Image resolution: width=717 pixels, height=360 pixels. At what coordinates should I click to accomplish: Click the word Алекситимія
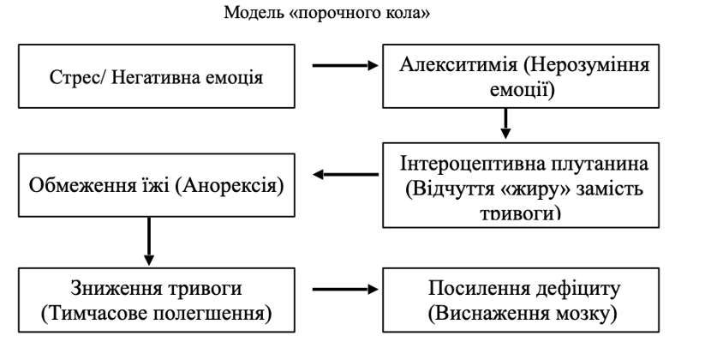pos(458,64)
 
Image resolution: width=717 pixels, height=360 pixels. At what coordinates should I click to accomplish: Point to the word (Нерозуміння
pos(587,65)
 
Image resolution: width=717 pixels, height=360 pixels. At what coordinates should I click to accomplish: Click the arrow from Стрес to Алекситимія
pos(345,66)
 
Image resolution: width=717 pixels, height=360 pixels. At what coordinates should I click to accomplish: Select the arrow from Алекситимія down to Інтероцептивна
pos(505,123)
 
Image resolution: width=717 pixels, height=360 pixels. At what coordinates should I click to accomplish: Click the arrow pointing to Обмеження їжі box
pos(345,174)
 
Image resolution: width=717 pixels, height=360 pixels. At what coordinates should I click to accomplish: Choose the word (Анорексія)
pos(230,186)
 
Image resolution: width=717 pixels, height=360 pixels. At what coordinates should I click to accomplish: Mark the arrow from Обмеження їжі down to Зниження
pos(148,241)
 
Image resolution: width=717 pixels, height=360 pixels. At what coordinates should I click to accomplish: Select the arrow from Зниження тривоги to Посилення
pos(345,289)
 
